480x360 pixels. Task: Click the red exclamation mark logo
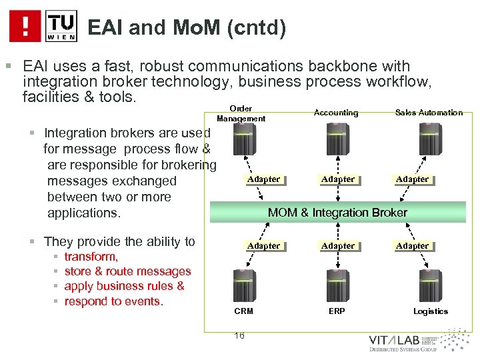tap(25, 26)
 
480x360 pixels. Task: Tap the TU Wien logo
tap(61, 26)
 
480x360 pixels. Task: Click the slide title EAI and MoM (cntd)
tap(187, 27)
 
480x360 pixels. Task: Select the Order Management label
tap(241, 113)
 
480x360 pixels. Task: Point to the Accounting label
tap(336, 113)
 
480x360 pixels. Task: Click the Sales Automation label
tap(429, 113)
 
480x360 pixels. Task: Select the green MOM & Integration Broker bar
tap(337, 213)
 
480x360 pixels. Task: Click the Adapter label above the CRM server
tap(263, 246)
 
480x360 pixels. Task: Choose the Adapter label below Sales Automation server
tap(413, 179)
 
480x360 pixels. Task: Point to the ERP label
tap(337, 311)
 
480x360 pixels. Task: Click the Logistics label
tap(431, 311)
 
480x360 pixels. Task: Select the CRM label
tap(243, 311)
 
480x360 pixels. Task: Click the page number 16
tap(239, 335)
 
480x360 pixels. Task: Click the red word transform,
tap(91, 257)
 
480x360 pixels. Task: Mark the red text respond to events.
tap(113, 301)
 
